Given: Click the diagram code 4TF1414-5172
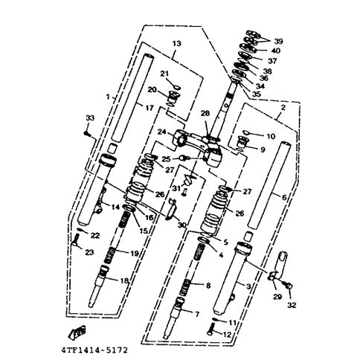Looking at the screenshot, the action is tap(94, 350).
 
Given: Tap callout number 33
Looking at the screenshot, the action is tap(90, 118).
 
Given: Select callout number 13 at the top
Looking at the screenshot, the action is tap(177, 44).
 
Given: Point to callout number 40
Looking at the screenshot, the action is tap(276, 51).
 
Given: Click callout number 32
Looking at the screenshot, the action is tap(292, 305).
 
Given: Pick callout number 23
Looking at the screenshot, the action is tap(89, 252).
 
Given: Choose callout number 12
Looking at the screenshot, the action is tap(227, 335).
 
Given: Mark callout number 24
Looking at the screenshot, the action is tap(162, 132).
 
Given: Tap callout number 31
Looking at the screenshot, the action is tap(176, 188).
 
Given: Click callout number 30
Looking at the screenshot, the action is tap(181, 225).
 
